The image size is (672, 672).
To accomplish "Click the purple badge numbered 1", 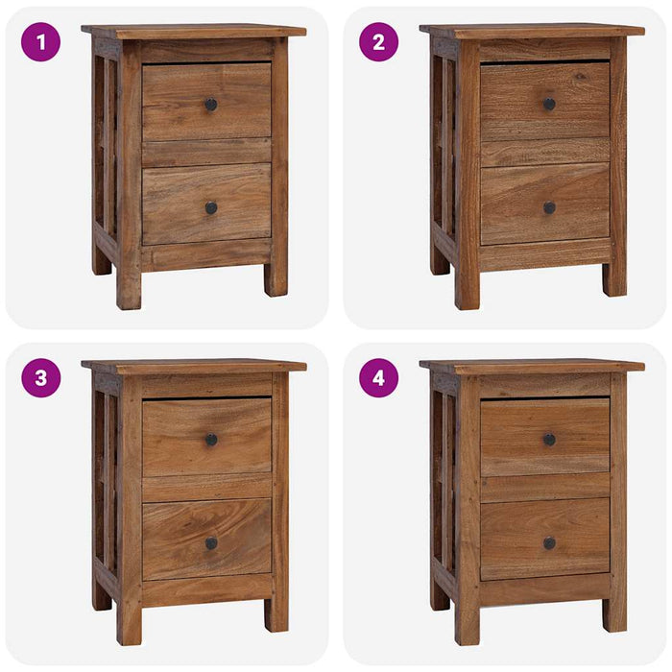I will (40, 42).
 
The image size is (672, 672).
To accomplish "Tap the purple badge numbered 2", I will (378, 42).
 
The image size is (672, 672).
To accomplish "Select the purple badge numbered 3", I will (40, 378).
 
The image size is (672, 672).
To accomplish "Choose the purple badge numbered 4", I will (378, 378).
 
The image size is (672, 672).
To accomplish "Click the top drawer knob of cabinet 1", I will (211, 104).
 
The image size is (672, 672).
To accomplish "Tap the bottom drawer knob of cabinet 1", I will (211, 207).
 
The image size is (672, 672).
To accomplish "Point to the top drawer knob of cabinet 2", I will (549, 104).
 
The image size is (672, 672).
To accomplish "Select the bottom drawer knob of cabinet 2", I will (549, 207).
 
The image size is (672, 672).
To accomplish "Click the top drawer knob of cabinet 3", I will (211, 440).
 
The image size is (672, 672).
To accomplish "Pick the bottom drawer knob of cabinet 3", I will (211, 543).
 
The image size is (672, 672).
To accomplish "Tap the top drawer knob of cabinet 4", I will (549, 440).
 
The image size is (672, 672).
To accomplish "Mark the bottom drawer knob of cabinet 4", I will (549, 543).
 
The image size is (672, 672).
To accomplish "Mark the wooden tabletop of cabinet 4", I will (532, 366).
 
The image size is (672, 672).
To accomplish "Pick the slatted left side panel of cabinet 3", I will (106, 480).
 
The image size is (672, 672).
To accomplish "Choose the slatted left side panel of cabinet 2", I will (444, 144).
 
